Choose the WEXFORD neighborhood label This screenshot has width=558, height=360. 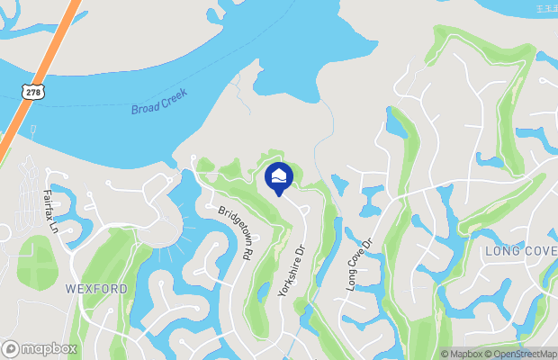96,289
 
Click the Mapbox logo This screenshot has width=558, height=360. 39,348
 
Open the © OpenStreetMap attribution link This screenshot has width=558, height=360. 524,354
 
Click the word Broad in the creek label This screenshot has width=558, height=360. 146,110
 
